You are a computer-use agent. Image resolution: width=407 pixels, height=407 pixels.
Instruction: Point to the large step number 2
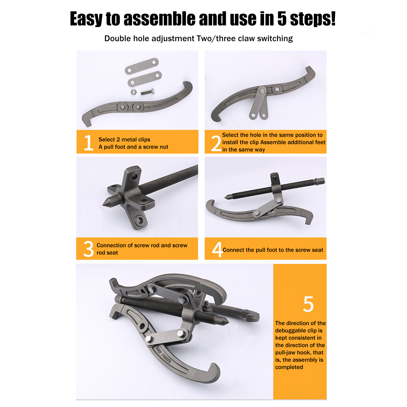coord(216,143)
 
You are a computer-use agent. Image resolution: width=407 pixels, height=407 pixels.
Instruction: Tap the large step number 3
coord(89,249)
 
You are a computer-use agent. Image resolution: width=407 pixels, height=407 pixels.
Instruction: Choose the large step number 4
coord(217,250)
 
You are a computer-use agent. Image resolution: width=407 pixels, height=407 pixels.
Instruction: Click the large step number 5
coord(308,304)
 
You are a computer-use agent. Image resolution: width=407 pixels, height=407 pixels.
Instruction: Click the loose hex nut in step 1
coord(134,92)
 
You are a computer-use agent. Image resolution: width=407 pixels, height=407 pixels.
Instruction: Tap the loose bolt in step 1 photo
coord(148,92)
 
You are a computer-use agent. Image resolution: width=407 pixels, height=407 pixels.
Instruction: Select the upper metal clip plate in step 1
coord(142,66)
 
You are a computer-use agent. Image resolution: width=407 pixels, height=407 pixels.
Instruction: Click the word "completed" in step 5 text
coord(289,367)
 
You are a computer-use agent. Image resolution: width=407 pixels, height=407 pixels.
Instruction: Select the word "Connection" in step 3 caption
coord(111,245)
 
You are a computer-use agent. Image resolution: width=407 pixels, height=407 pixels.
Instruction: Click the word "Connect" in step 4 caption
coord(234,250)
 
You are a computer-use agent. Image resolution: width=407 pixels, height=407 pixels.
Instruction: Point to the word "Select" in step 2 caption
coord(230,135)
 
